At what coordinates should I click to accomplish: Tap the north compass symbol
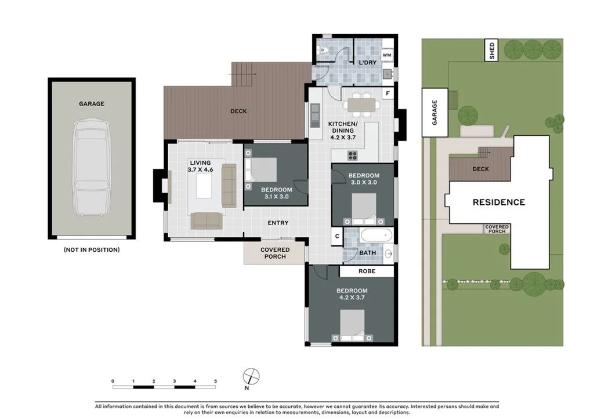[x=251, y=375]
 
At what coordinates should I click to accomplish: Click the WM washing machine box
[x=387, y=55]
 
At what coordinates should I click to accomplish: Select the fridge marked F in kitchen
[x=387, y=93]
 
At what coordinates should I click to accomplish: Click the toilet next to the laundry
[x=324, y=52]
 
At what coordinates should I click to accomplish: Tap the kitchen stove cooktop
[x=352, y=155]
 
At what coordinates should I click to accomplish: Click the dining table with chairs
[x=360, y=104]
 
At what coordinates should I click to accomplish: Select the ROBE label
[x=367, y=271]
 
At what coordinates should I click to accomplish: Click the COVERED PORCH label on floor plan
[x=274, y=253]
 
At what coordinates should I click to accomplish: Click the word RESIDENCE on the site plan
[x=498, y=202]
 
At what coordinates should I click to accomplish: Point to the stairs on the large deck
[x=243, y=74]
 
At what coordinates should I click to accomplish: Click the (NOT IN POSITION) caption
[x=92, y=250]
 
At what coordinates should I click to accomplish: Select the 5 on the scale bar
[x=215, y=381]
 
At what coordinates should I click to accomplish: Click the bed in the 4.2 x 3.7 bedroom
[x=352, y=325]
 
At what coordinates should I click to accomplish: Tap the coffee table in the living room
[x=204, y=186]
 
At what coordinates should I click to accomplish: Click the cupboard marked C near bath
[x=337, y=236]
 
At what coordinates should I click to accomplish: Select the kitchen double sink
[x=315, y=115]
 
